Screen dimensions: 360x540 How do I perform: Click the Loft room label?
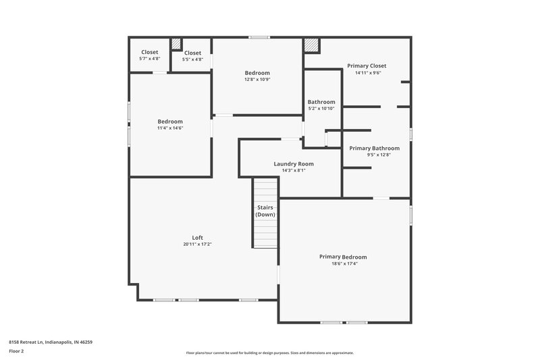(197, 237)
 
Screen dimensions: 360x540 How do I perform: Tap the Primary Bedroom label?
(344, 257)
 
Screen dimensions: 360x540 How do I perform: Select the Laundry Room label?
(293, 163)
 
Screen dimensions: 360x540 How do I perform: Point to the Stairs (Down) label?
(265, 211)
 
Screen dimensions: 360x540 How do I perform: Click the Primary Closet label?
(367, 66)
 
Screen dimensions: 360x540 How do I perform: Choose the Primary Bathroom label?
(374, 148)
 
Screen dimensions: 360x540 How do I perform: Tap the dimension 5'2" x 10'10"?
(321, 109)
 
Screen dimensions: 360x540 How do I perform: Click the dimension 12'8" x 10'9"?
(257, 80)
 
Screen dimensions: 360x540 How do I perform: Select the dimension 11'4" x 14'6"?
(170, 128)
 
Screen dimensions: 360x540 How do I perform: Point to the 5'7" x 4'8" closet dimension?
(149, 59)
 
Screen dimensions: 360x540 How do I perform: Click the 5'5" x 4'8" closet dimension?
(192, 59)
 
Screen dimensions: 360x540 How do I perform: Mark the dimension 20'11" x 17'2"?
(197, 244)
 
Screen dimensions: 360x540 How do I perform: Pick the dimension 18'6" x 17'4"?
(344, 263)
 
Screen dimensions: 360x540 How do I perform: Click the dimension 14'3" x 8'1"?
(293, 170)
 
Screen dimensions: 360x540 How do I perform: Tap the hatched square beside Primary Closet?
(310, 45)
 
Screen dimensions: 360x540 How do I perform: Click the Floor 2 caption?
(16, 351)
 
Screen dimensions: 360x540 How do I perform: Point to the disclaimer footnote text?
(269, 353)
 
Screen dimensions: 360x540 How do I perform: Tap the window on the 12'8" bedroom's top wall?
(259, 37)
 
